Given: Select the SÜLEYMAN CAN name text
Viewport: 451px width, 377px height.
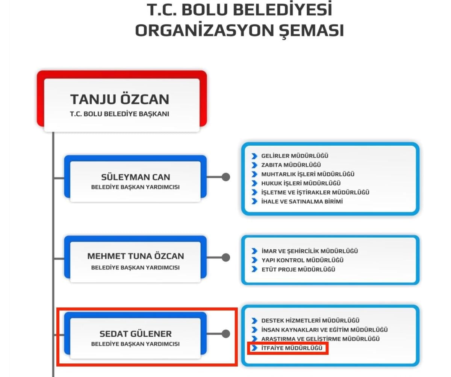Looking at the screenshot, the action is click(x=136, y=177).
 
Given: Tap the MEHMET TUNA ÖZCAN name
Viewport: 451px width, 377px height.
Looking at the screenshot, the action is click(x=136, y=256).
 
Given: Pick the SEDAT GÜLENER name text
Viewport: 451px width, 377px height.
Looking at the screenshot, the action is click(x=136, y=333).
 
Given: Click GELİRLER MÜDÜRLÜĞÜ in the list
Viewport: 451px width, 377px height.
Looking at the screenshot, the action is click(x=295, y=155).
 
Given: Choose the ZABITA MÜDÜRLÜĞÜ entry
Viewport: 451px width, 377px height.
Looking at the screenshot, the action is click(x=291, y=165).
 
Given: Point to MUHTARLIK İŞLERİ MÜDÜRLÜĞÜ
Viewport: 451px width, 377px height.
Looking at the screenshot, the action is click(x=308, y=174).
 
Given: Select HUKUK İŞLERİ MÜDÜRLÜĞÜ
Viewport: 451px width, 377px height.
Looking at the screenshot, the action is click(x=301, y=183).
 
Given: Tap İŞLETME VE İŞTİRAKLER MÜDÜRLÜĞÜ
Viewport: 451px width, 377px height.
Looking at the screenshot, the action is click(x=315, y=192).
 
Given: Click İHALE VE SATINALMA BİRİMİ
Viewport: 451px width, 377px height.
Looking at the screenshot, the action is click(x=302, y=201).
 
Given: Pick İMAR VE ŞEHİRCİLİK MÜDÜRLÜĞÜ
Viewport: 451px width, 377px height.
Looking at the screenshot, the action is click(x=310, y=251).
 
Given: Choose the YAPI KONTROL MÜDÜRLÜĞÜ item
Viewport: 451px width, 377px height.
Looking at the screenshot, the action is click(x=303, y=260).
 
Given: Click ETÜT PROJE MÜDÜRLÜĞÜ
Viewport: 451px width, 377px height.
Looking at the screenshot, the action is click(x=298, y=269).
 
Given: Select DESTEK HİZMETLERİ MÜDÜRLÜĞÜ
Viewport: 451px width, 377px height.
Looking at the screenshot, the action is click(x=310, y=320).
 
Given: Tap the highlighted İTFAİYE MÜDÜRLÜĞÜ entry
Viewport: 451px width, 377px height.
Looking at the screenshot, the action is click(x=292, y=348).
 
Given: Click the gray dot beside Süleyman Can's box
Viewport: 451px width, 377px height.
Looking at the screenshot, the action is click(x=226, y=177).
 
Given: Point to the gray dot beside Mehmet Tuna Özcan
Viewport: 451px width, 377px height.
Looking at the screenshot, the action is click(x=226, y=258).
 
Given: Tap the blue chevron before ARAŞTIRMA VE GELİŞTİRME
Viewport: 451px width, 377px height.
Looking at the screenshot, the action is click(x=254, y=339).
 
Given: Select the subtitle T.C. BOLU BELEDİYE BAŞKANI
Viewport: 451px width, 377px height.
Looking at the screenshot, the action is click(x=120, y=114).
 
